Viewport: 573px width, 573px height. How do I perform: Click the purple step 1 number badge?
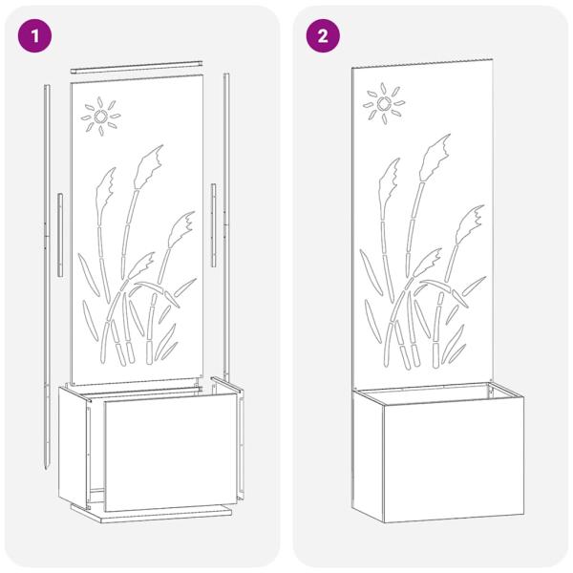(x=36, y=36)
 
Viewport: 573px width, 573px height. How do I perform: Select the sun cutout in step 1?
(x=100, y=117)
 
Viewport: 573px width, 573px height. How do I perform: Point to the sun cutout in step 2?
(x=384, y=102)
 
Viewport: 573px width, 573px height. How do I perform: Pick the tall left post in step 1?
(x=46, y=267)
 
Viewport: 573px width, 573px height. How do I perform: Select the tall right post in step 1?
(x=227, y=229)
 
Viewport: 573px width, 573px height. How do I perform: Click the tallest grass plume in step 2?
(x=436, y=153)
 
